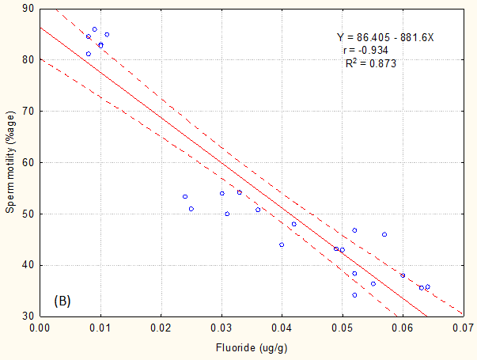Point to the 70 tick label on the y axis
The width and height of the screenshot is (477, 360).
click(27, 111)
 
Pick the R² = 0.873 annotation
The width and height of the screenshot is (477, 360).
click(370, 63)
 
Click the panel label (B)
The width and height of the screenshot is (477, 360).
click(63, 301)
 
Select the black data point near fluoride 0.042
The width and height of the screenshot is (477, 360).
click(293, 224)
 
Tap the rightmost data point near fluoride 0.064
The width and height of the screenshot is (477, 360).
click(427, 286)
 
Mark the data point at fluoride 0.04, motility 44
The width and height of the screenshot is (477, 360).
click(282, 244)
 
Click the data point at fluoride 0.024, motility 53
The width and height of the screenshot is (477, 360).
click(185, 196)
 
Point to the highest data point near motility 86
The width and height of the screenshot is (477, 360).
click(94, 29)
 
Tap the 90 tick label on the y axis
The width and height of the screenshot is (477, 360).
click(27, 8)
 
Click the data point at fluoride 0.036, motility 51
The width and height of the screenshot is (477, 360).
click(258, 210)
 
